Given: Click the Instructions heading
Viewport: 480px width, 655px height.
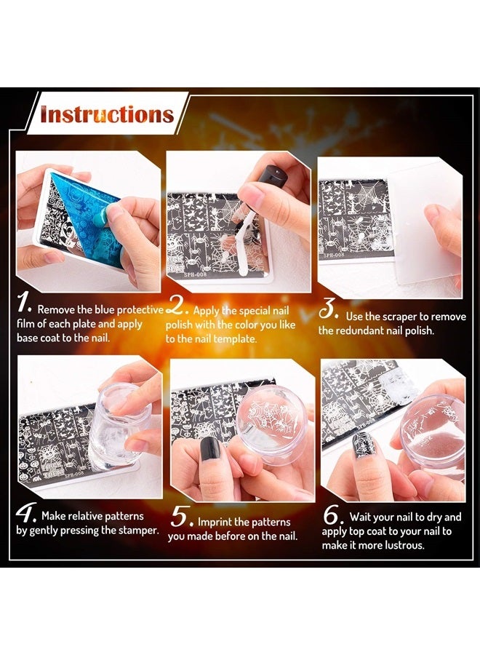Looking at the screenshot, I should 106,114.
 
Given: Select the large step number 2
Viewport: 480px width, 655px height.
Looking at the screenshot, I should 177,304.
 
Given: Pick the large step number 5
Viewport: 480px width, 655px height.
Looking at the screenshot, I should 180,517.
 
